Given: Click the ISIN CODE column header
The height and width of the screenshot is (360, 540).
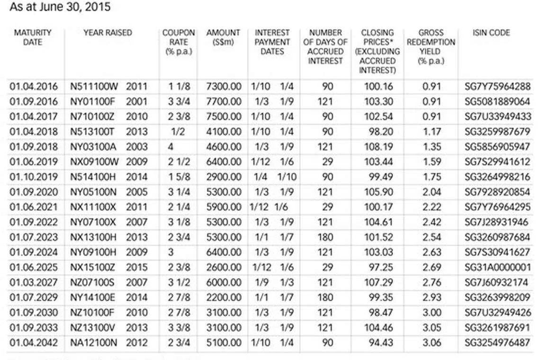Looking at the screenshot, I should click(x=491, y=33).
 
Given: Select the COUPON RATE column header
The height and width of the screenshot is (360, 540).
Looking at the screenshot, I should click(x=179, y=42).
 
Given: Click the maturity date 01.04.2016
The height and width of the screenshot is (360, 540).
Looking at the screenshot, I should click(x=34, y=87).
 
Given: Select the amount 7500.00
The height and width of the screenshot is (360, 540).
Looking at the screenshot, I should click(x=224, y=117).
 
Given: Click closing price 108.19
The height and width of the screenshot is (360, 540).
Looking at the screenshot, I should click(x=378, y=147).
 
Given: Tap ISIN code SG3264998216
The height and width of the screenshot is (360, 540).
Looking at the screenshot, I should click(x=497, y=177).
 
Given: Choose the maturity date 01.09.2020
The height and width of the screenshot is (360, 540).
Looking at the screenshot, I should click(x=34, y=192).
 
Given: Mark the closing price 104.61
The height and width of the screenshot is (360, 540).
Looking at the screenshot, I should click(x=378, y=222).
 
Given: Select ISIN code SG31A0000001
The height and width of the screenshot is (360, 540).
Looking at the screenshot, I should click(x=497, y=268).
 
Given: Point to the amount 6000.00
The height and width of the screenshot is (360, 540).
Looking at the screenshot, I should click(x=224, y=283).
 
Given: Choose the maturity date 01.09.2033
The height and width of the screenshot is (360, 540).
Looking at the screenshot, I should click(x=34, y=328).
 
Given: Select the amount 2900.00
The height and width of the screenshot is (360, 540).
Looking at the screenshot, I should click(x=224, y=177).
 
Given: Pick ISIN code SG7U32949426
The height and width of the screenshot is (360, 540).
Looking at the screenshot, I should click(x=497, y=313).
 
